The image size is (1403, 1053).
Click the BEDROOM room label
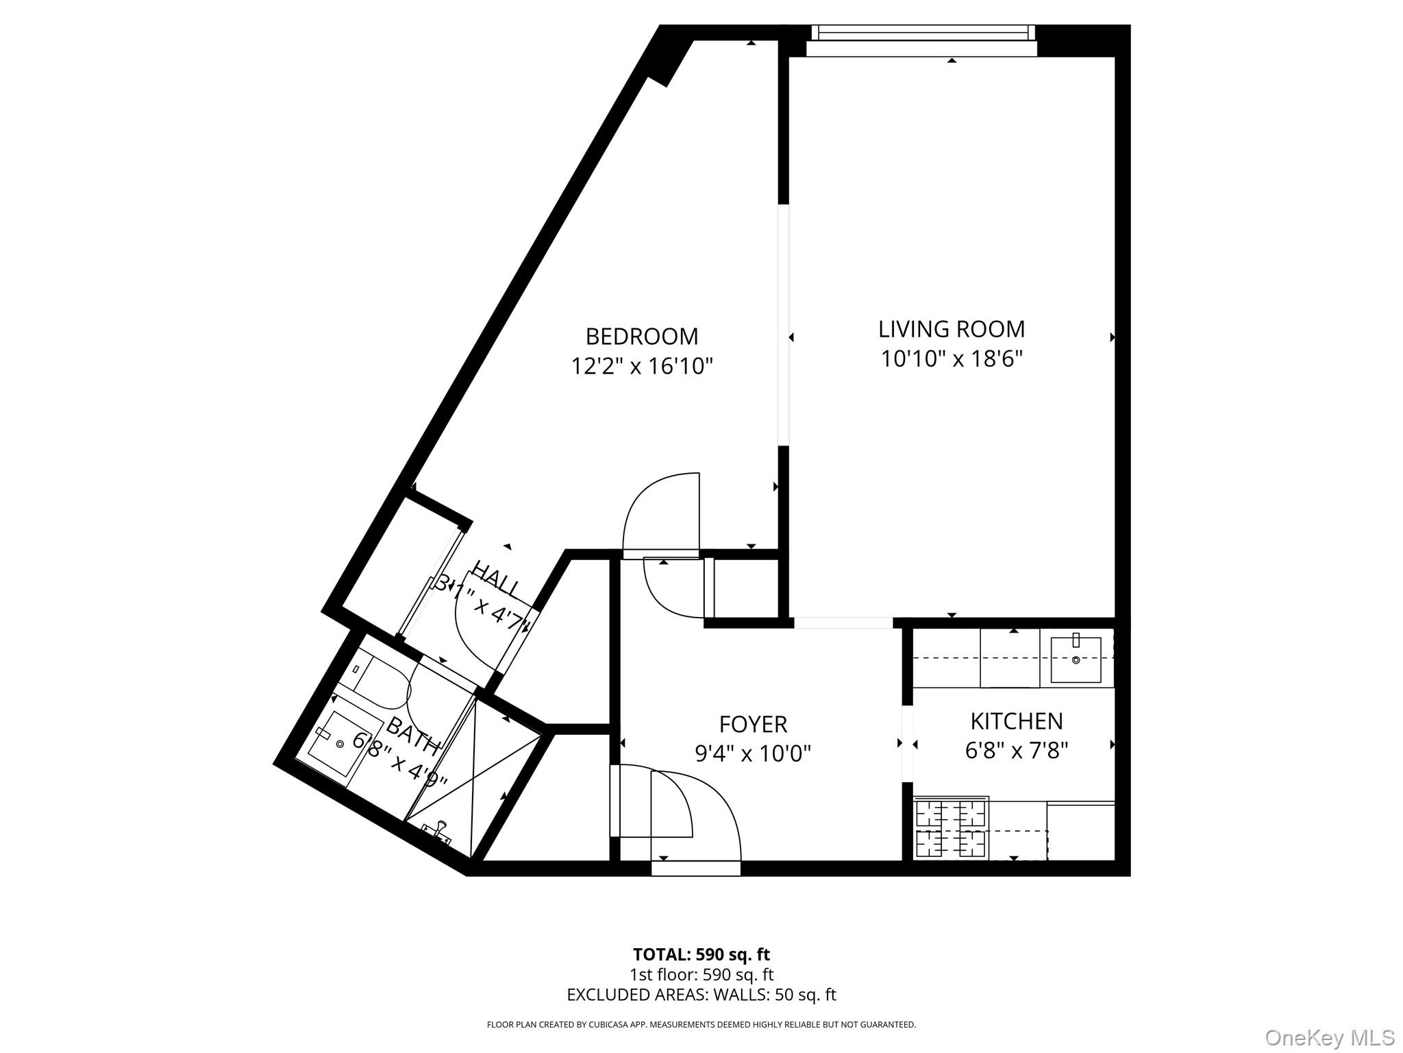642,337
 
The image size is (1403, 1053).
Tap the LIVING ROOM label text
952,329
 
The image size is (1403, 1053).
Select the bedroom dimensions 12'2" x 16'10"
642,367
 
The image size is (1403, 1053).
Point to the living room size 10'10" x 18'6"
952,359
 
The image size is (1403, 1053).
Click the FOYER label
753,724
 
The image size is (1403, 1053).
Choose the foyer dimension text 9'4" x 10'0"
753,754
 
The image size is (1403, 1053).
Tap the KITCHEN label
1017,721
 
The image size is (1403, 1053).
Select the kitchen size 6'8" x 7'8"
1017,751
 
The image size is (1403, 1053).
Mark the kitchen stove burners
952,830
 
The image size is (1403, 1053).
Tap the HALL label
496,579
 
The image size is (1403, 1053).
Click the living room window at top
923,33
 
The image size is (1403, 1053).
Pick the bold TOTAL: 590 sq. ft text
701,954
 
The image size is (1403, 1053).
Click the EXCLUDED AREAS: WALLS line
701,995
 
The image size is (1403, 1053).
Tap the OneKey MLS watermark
1329,1037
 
